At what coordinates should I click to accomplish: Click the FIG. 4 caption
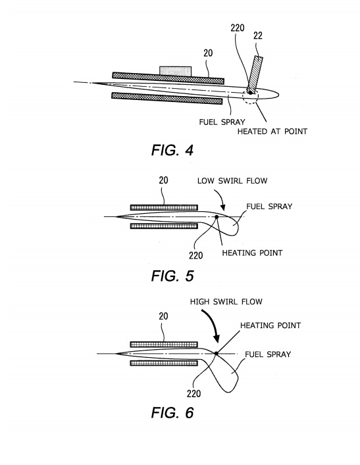[x=172, y=150]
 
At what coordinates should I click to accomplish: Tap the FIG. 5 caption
[x=172, y=276]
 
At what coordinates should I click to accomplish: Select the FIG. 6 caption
[x=172, y=412]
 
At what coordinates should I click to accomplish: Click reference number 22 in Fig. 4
[x=258, y=36]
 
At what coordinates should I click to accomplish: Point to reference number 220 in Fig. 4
[x=238, y=28]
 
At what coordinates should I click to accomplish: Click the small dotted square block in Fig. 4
[x=176, y=70]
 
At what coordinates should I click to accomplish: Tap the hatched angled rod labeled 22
[x=255, y=74]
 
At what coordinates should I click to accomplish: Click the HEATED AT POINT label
[x=272, y=131]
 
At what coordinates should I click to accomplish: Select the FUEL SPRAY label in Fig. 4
[x=222, y=122]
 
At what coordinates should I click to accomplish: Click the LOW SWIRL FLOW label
[x=232, y=181]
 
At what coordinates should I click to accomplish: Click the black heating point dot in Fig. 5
[x=217, y=217]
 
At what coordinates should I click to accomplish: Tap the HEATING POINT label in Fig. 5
[x=252, y=253]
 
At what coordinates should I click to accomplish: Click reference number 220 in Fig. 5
[x=196, y=255]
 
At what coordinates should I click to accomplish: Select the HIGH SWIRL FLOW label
[x=226, y=302]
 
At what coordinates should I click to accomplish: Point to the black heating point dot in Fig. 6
[x=217, y=353]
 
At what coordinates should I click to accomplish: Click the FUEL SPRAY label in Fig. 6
[x=268, y=354]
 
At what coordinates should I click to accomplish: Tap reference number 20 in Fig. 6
[x=163, y=316]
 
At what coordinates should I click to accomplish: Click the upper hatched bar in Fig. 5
[x=164, y=207]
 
